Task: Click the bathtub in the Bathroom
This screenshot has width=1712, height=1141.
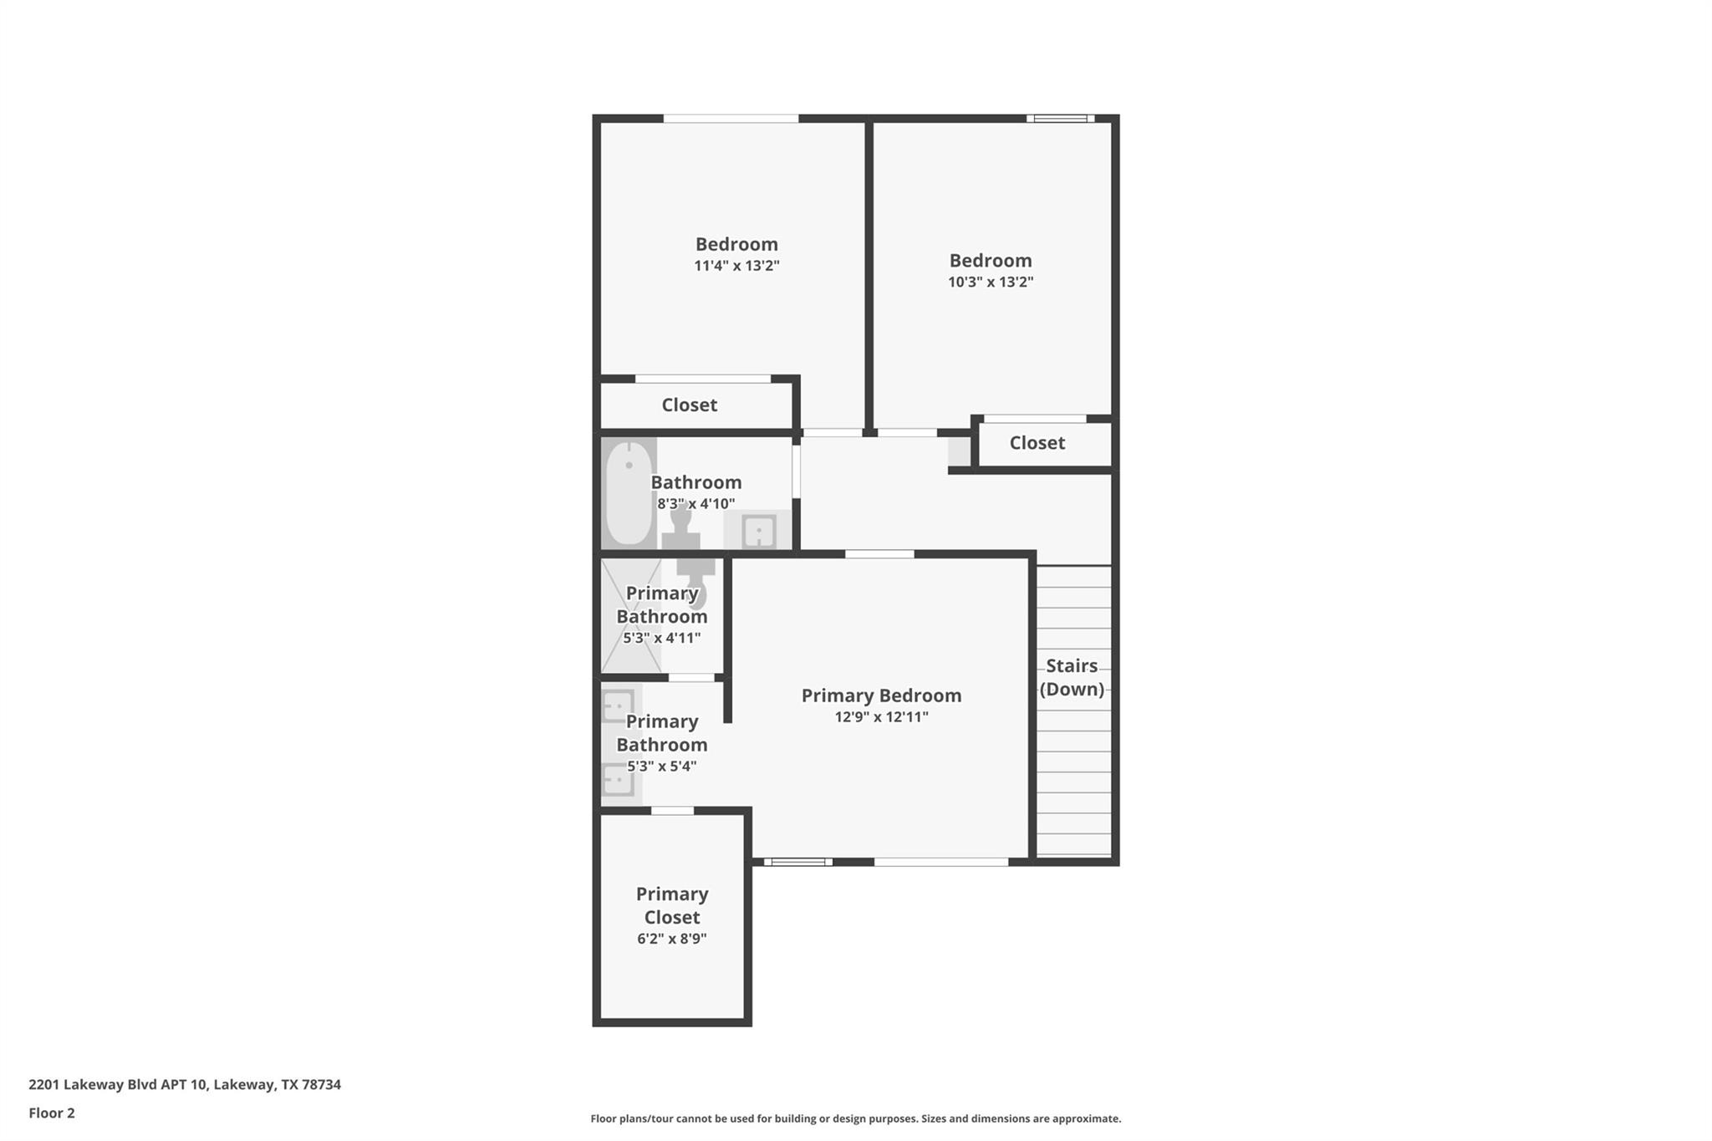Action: pos(628,493)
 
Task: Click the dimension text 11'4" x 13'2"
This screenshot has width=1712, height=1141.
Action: pos(736,266)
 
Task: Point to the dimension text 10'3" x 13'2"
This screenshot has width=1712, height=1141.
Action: pos(991,282)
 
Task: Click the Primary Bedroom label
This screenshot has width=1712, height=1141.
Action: pos(881,695)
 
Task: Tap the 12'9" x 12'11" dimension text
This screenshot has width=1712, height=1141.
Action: pos(881,716)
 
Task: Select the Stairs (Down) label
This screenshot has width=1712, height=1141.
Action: pos(1072,677)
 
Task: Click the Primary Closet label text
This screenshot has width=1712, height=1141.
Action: pos(672,905)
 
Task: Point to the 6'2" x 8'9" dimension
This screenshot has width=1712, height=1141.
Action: pos(672,939)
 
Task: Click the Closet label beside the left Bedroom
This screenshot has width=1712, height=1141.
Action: pos(689,405)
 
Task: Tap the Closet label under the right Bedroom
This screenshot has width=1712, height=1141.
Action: pos(1037,443)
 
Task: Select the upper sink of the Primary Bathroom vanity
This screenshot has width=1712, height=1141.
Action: pos(618,706)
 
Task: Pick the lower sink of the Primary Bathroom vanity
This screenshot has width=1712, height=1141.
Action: pos(618,781)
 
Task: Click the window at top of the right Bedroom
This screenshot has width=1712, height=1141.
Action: pos(1060,119)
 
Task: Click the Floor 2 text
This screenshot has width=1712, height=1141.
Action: pos(52,1113)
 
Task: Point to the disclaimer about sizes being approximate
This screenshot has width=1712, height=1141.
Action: pos(855,1118)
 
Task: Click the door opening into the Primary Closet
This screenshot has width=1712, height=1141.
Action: pos(672,811)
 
